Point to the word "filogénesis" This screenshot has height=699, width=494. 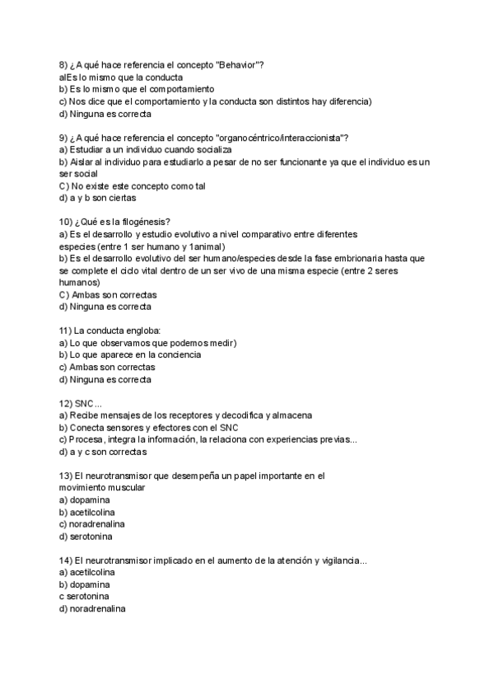pyautogui.click(x=145, y=222)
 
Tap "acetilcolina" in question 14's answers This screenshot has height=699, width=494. pyautogui.click(x=92, y=572)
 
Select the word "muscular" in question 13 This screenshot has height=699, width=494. pyautogui.click(x=125, y=488)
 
